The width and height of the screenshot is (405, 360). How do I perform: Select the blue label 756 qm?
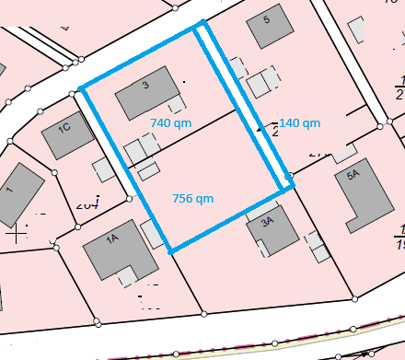pos(193,198)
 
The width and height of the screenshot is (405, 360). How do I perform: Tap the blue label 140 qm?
pos(299,122)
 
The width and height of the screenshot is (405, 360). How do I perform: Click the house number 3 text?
pos(145,86)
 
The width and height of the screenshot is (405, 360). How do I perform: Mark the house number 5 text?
pos(267,19)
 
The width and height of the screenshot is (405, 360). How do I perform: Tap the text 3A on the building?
pos(268,221)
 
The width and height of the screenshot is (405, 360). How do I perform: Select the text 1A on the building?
pos(113,238)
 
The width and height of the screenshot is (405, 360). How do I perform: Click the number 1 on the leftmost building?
pos(10,190)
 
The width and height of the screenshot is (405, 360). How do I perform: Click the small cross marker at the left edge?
pos(16,234)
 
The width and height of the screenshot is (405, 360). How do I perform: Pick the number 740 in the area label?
pos(161,121)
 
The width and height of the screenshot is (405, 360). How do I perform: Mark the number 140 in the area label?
pos(290,122)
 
